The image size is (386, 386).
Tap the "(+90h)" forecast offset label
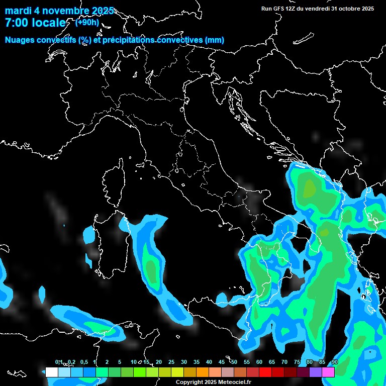tap(87, 22)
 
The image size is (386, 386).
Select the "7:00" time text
tap(16, 23)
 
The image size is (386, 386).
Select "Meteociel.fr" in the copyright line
tap(234, 382)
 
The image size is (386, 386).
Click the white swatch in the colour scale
tap(51, 372)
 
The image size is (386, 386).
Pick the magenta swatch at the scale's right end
tap(328, 372)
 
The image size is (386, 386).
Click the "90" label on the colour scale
tap(335, 362)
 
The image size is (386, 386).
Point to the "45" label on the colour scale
tap(222, 362)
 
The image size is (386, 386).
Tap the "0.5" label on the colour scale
tap(83, 362)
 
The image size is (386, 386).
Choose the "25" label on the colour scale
tap(171, 362)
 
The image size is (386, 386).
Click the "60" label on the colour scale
tap(259, 362)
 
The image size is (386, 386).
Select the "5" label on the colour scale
tap(119, 362)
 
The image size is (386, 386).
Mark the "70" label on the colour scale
tap(284, 362)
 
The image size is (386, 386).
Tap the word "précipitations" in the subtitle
tap(127, 40)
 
